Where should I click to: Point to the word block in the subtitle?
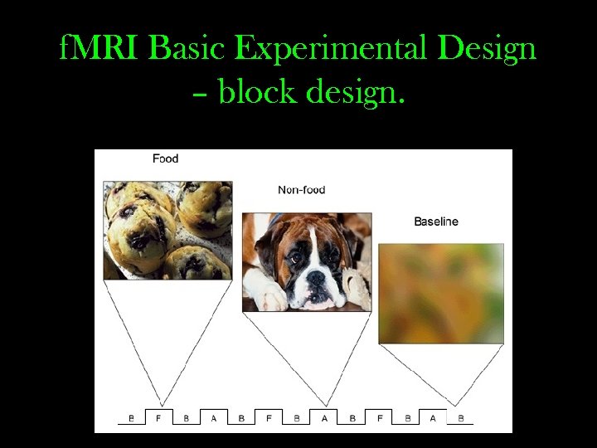tap(258, 94)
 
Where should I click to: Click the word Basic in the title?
tap(189, 50)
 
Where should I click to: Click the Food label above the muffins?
tap(165, 158)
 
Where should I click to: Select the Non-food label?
tap(302, 190)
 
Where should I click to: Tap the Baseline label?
tap(436, 222)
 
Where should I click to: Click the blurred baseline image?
tap(441, 293)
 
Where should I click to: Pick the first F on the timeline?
tap(158, 418)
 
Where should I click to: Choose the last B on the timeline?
tap(461, 418)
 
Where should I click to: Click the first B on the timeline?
tap(131, 418)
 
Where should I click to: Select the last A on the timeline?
tap(433, 418)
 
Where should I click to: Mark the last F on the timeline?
tap(380, 418)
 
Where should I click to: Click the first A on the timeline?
tap(213, 418)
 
